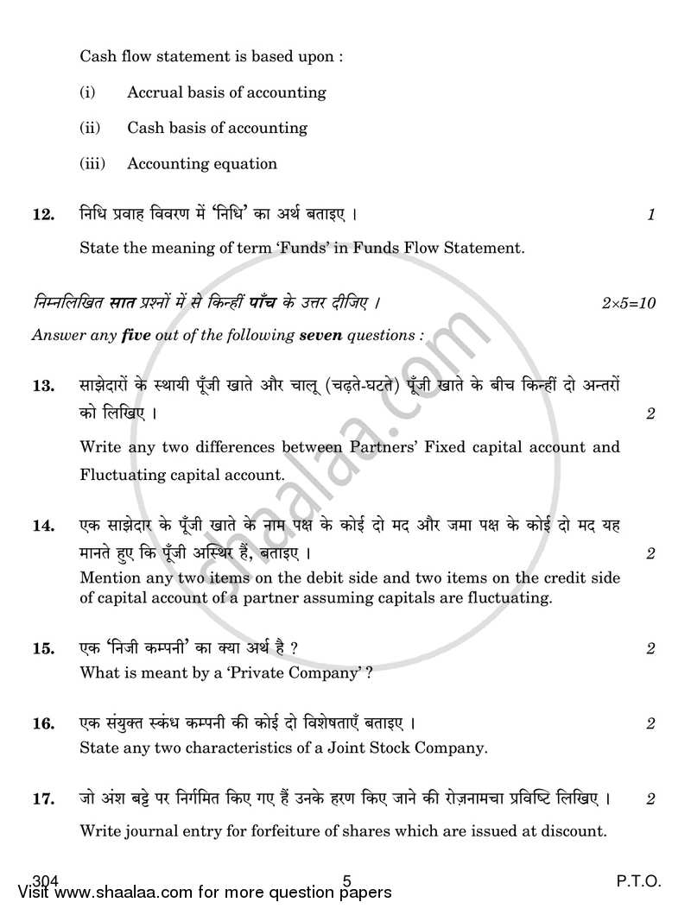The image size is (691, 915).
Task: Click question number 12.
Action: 43,215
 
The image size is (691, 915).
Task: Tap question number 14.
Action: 43,525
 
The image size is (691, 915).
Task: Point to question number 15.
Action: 43,648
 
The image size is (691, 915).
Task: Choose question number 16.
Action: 43,723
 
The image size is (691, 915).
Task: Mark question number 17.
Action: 43,799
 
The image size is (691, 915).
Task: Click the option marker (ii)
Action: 90,128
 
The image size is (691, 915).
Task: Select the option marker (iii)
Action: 92,163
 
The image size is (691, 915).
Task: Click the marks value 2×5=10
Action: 630,303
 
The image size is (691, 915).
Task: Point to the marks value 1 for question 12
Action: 651,215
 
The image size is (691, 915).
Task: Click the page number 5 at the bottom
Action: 346,881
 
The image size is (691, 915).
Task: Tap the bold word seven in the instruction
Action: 320,334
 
